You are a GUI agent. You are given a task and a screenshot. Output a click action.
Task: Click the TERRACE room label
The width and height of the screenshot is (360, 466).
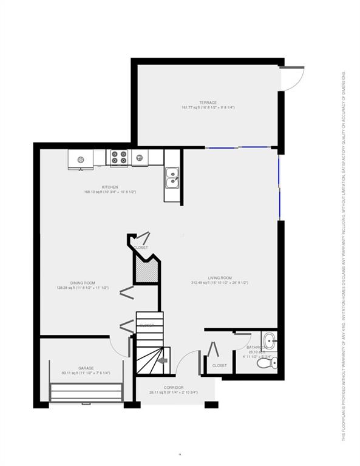coord(208,103)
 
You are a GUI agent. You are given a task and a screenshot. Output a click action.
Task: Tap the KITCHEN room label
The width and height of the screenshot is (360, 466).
coord(110,187)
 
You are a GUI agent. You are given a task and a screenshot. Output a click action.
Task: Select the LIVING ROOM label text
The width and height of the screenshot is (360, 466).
coord(220,278)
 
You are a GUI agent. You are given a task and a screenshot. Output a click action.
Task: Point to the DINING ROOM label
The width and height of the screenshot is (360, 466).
coord(83,283)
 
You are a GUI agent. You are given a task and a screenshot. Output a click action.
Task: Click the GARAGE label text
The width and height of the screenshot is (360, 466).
coord(86,368)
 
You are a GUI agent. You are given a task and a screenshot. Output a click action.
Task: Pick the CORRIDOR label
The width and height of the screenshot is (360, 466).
coord(174,387)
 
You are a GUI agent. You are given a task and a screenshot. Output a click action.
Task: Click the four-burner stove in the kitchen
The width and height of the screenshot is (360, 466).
coord(119,158)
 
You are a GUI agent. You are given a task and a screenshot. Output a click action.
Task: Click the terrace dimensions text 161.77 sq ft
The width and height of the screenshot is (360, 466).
coord(208,107)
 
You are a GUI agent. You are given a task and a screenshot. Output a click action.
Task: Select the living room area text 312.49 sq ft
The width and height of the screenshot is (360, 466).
coord(220,283)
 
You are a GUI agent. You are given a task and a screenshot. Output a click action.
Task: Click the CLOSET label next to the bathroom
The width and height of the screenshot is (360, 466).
coord(219,365)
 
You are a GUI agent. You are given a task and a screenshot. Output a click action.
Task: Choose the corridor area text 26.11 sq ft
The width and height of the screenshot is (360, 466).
coord(174,392)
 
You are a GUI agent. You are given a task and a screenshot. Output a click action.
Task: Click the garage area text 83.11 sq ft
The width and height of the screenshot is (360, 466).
coord(86,373)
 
